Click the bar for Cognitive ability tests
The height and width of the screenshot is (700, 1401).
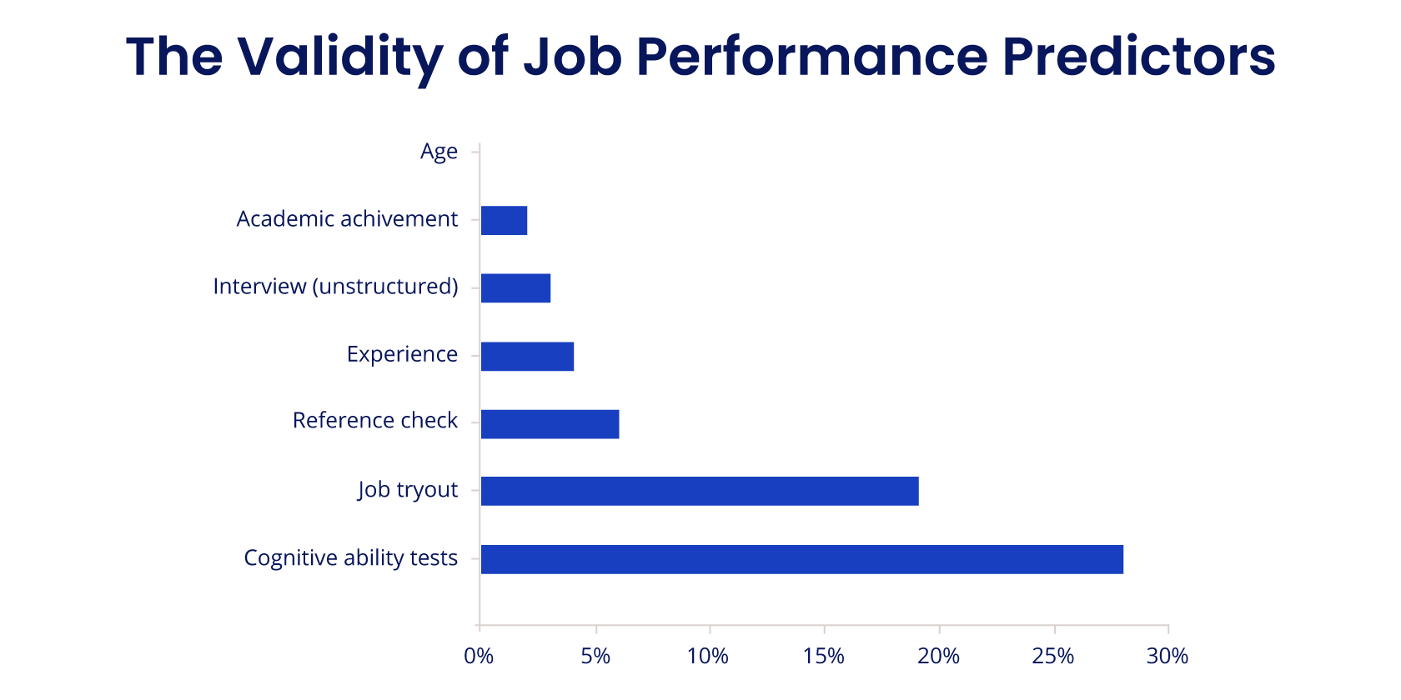coord(801,559)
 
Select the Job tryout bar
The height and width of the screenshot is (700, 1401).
coord(700,491)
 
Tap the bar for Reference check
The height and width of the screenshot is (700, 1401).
coord(550,423)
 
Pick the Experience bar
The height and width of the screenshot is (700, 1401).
coord(527,356)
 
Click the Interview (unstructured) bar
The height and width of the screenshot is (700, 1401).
coord(515,288)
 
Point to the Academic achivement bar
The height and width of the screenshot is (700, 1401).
coord(504,221)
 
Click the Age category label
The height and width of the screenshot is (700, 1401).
coord(439,152)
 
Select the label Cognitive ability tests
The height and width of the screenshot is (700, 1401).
coord(350,557)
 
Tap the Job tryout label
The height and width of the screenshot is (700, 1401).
coord(408,490)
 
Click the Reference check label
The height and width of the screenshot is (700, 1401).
coord(374,421)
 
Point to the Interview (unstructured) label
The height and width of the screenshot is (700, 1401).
coord(335,287)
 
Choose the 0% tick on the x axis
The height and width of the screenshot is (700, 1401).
coord(479,657)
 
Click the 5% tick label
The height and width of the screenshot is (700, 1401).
coord(595,657)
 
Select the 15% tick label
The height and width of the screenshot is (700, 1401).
coord(824,657)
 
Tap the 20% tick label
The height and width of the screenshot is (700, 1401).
coord(938,657)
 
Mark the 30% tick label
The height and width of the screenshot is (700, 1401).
coord(1167,657)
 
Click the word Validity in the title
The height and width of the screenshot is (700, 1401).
coord(340,57)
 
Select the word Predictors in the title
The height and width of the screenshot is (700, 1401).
coord(1138,57)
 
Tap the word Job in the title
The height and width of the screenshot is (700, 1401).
coord(572,57)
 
